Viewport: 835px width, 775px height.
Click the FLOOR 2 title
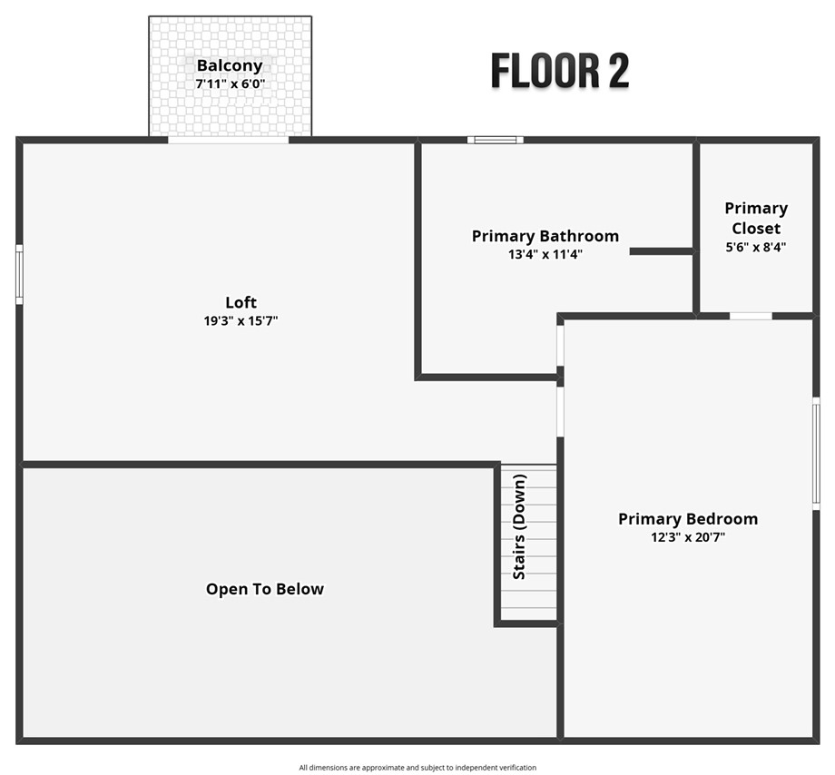[x=559, y=71]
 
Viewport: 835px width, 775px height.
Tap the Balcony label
[x=230, y=65]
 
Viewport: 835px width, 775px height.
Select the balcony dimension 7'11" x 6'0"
[x=230, y=83]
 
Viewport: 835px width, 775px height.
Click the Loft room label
[x=241, y=302]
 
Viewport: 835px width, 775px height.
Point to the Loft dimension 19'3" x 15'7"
[x=241, y=320]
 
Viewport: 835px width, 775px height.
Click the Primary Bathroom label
[x=545, y=236]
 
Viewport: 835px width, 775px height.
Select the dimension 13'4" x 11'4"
[x=545, y=255]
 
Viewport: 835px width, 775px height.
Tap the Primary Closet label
[x=756, y=218]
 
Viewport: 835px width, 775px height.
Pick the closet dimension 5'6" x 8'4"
[x=756, y=246]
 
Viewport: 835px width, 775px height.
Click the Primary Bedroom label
[x=687, y=518]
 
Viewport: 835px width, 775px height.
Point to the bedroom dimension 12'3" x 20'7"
[x=687, y=537]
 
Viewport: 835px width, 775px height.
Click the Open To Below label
[x=264, y=589]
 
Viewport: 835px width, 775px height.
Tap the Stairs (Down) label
[x=519, y=527]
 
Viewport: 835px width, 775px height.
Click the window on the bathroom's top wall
[x=496, y=140]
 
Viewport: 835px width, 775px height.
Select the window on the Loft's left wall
[x=19, y=274]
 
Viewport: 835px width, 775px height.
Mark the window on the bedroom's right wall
[x=815, y=452]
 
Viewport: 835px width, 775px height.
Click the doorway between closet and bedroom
[x=751, y=316]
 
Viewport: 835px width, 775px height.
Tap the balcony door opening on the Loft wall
[x=229, y=140]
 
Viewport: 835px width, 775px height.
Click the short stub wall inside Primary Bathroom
[x=661, y=250]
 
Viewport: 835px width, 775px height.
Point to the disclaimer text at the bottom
[x=417, y=768]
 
